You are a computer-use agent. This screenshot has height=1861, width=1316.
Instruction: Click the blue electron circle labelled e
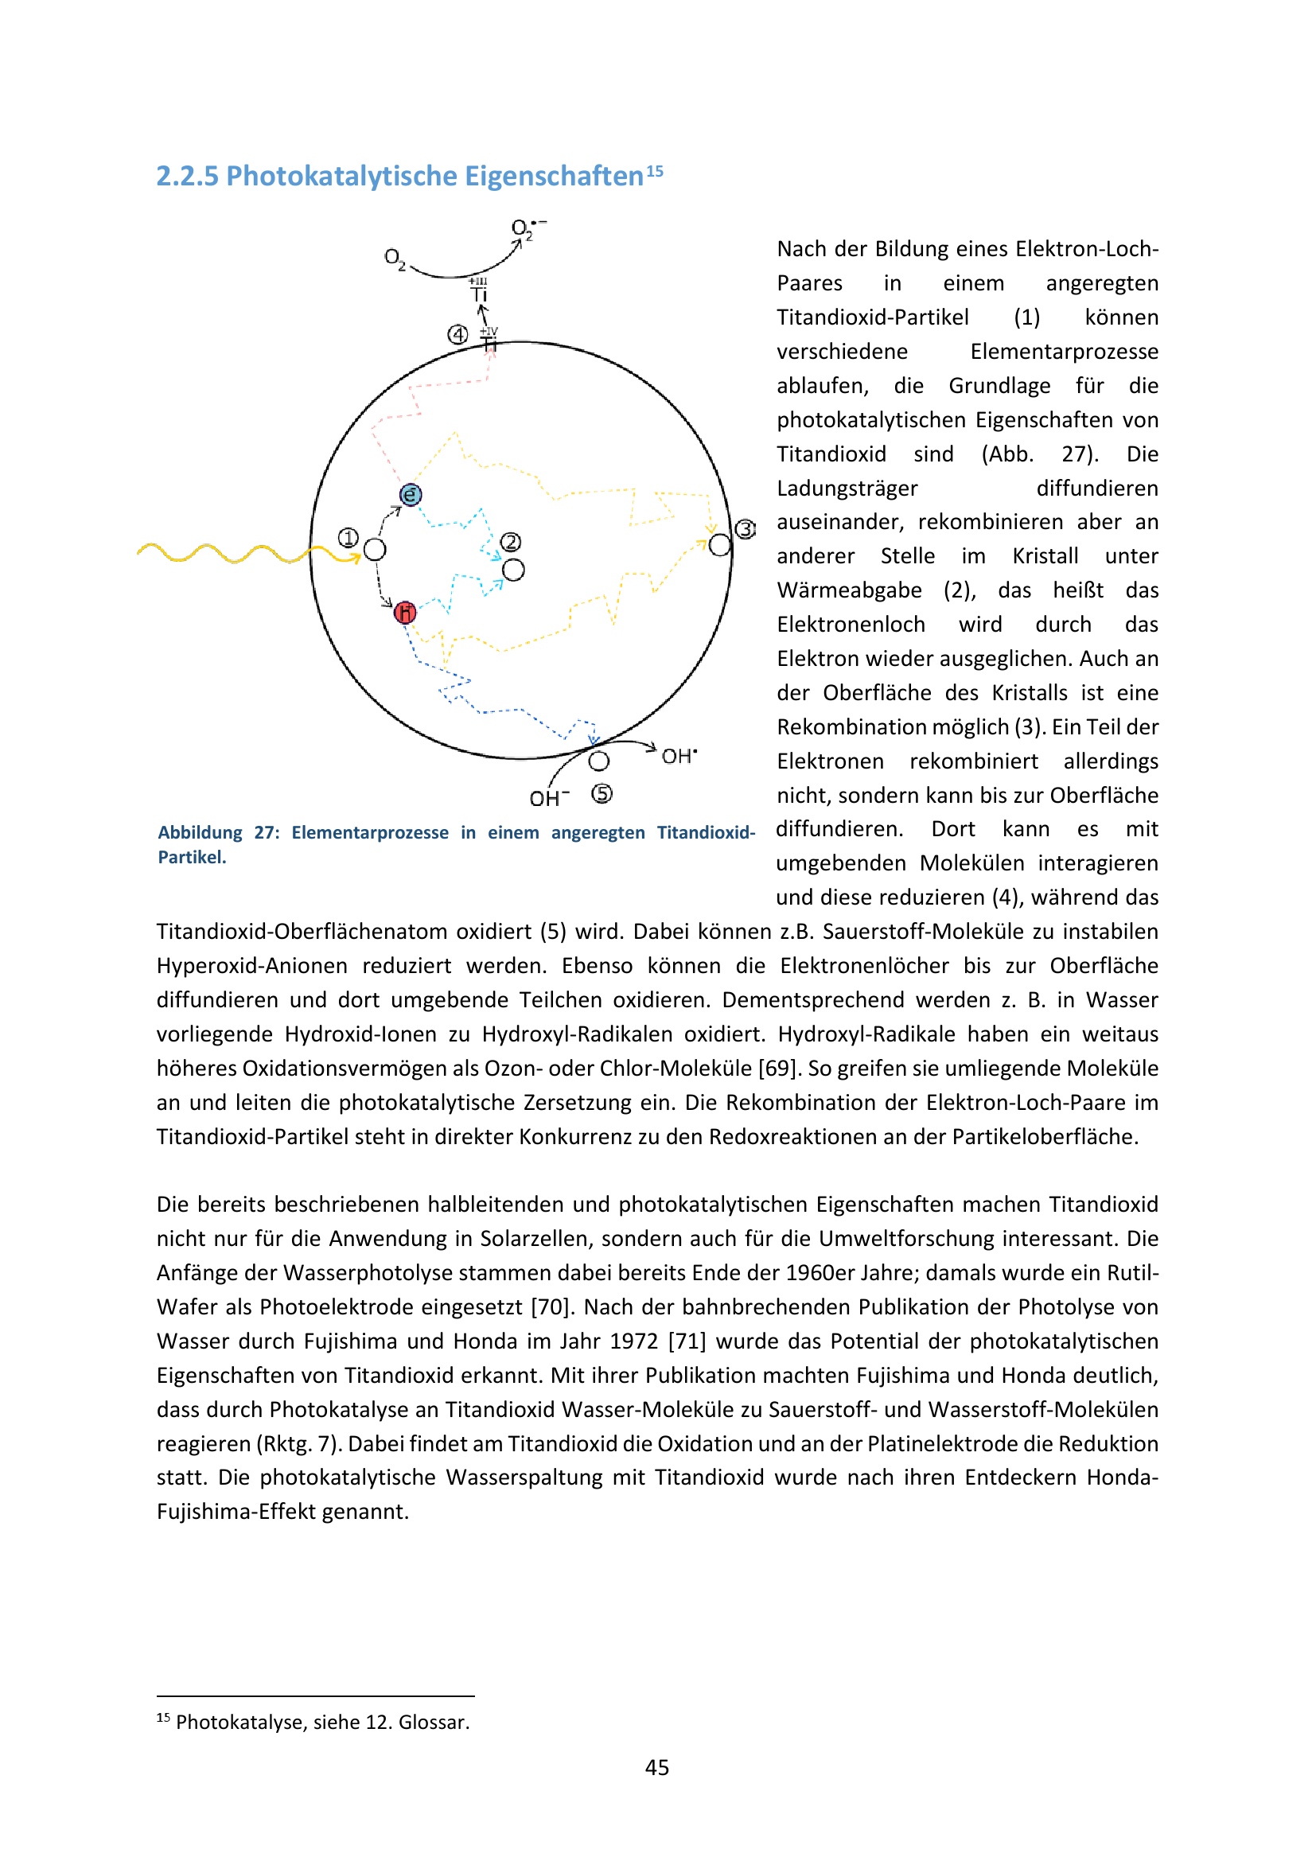411,494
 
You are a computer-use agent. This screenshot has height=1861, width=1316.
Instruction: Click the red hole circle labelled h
405,613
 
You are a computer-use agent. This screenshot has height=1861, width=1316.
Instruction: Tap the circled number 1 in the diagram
348,537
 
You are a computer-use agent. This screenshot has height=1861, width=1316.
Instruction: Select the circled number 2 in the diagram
511,542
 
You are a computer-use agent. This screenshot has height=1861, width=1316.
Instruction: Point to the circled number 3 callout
746,529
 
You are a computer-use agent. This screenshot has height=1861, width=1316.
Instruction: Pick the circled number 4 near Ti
457,334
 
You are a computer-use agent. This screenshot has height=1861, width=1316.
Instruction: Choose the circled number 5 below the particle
602,793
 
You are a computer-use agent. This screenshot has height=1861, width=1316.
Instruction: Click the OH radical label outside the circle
679,756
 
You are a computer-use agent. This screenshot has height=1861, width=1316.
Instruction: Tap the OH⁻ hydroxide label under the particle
550,798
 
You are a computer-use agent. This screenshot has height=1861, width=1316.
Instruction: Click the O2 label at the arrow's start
395,259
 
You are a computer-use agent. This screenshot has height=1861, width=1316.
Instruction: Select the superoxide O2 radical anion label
528,229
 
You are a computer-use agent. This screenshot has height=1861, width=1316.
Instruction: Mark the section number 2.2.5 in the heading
187,176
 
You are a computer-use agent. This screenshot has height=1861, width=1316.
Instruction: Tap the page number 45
657,1767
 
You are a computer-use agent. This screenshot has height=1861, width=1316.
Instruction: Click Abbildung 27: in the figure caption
218,832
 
